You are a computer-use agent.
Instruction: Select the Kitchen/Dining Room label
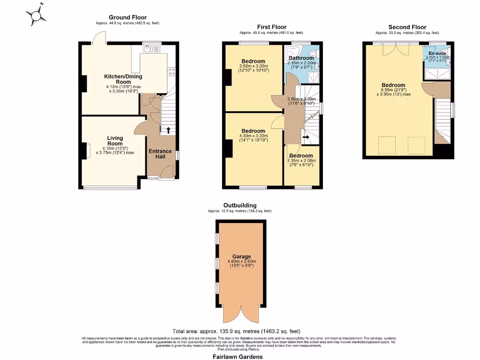123,79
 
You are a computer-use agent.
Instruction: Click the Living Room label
115,141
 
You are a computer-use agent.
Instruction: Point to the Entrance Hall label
160,154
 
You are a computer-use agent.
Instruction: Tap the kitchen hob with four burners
171,71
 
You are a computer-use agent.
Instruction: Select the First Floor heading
271,27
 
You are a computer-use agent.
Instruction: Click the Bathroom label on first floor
301,58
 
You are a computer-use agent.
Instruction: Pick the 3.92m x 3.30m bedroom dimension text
253,67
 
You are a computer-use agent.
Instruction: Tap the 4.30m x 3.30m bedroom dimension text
253,137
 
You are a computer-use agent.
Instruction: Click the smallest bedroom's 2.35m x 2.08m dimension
301,160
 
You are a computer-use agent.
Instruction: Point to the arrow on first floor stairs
306,137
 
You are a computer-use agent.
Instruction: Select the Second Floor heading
407,27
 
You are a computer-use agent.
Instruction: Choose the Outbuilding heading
240,205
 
